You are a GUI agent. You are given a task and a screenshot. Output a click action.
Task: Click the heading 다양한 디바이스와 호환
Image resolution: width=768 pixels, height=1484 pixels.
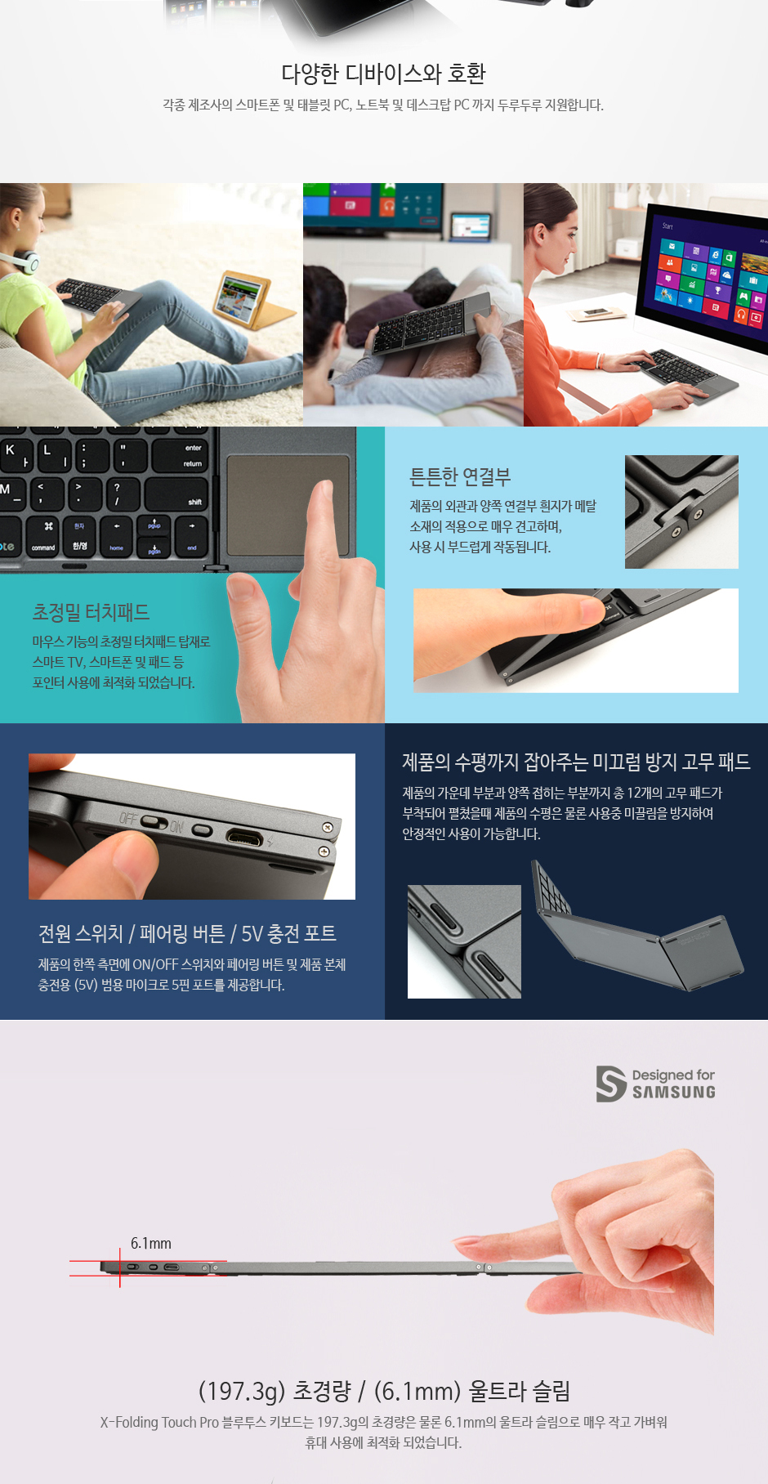tap(383, 74)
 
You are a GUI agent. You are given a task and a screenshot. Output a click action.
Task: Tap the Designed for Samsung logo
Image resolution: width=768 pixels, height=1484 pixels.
tap(655, 1084)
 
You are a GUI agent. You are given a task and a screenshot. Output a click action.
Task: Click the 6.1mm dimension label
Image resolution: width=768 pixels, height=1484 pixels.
tap(151, 1243)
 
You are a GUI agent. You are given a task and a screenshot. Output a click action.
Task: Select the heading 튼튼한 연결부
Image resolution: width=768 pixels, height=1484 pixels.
tap(460, 476)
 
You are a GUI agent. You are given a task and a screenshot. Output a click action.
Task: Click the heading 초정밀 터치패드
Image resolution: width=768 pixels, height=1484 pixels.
tap(91, 612)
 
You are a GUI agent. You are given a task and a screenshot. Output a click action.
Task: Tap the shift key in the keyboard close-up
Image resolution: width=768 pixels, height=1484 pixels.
tap(177, 494)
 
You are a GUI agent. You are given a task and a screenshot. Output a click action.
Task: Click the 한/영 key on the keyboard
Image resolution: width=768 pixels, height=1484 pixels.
tap(79, 536)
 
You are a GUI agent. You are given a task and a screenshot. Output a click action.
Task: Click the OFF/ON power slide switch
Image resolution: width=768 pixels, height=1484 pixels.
tap(154, 820)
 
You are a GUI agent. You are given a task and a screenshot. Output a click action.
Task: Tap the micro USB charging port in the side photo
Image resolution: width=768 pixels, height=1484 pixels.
tap(245, 838)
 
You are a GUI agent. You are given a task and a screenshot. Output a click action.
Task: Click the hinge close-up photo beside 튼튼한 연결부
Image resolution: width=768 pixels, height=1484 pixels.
tap(681, 512)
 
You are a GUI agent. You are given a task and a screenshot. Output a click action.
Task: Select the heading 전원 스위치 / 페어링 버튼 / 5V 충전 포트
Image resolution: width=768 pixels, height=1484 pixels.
tap(187, 933)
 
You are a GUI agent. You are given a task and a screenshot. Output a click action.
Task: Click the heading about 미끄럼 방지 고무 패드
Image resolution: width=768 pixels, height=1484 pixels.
tap(576, 762)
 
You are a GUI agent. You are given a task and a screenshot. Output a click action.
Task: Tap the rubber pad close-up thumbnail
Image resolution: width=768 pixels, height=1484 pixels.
tap(464, 941)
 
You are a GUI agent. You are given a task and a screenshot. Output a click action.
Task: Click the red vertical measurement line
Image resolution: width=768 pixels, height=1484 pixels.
tap(120, 1267)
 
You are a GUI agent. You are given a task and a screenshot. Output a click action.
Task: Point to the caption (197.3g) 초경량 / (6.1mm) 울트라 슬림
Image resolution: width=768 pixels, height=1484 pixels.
tap(384, 1391)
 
